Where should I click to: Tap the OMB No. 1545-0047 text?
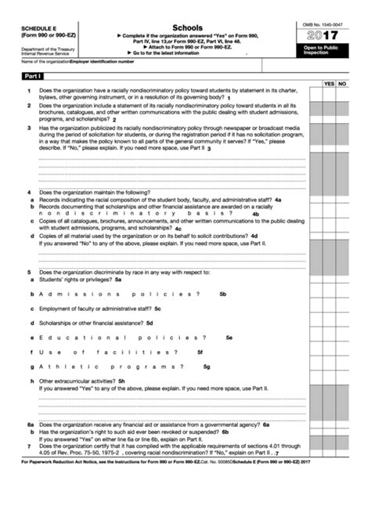click(x=322, y=25)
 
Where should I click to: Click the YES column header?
click(x=329, y=83)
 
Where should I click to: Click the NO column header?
click(x=342, y=83)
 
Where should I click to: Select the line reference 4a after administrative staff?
click(x=278, y=200)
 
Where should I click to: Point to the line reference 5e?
click(x=229, y=338)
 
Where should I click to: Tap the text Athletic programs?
click(x=110, y=367)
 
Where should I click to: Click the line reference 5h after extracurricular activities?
click(x=121, y=381)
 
